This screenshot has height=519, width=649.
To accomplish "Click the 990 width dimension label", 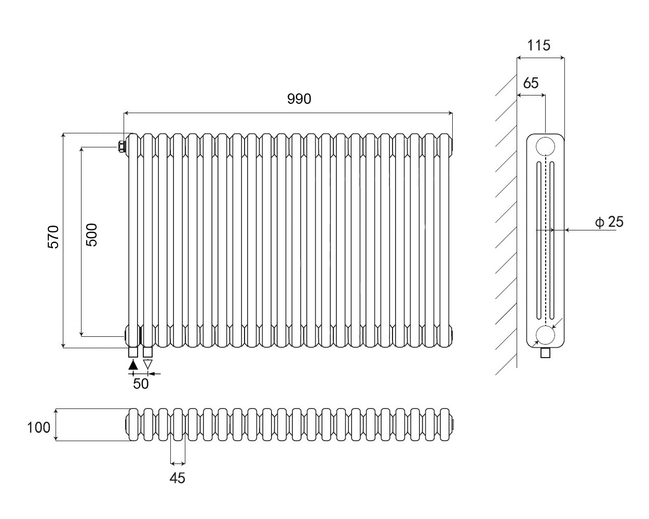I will (x=299, y=99).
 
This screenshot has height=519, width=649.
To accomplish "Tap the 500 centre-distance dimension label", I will (x=91, y=234).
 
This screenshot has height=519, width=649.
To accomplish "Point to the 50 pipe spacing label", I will (x=141, y=384).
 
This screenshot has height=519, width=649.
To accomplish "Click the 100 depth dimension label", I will (x=39, y=428).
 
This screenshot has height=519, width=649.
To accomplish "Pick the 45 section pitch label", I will (x=178, y=478).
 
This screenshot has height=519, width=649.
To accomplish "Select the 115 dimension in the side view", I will (x=538, y=46).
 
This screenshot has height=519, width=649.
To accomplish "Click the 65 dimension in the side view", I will (x=531, y=83).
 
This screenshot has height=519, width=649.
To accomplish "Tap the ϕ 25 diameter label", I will (x=610, y=222).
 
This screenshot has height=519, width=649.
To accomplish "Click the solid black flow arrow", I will (x=133, y=364).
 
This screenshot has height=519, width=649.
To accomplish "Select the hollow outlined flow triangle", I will (x=148, y=364).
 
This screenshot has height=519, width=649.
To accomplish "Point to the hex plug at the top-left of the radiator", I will (x=121, y=147).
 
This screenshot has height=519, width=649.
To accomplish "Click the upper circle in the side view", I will (x=545, y=146).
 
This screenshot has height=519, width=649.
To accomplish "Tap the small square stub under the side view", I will (x=545, y=353).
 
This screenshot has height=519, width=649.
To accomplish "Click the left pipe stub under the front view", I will (x=133, y=352).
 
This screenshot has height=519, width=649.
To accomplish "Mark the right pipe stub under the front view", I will (x=148, y=352).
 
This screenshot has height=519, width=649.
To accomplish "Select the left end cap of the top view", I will (x=127, y=425).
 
